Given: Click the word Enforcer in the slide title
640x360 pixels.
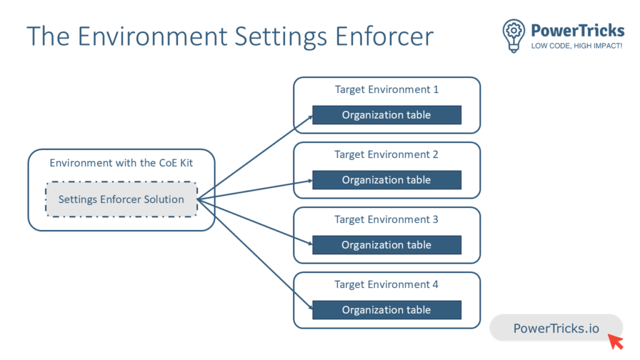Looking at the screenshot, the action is click(x=384, y=36).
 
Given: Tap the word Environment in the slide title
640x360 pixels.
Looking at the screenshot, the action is click(x=152, y=36).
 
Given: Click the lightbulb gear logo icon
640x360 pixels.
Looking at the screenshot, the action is click(x=514, y=36).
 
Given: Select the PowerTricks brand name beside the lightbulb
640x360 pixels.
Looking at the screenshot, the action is click(x=577, y=31).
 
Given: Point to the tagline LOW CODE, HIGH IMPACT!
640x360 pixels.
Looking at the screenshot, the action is click(x=577, y=46).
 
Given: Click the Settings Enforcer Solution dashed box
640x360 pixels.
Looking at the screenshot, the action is click(x=121, y=199).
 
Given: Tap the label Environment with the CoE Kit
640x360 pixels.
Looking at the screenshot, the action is click(x=121, y=163).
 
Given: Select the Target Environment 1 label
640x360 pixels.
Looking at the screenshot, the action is click(x=386, y=89).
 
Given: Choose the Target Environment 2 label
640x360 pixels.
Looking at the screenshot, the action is click(x=386, y=154).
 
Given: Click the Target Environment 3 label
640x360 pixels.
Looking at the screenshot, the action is click(x=386, y=219).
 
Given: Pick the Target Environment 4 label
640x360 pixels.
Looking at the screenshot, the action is click(x=386, y=284).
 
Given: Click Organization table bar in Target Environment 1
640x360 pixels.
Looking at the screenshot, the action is click(x=387, y=115).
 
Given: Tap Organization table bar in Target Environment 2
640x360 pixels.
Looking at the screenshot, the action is click(x=387, y=179).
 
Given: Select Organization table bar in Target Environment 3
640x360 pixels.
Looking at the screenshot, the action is click(x=387, y=245).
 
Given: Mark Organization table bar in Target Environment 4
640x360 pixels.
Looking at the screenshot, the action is click(x=387, y=310).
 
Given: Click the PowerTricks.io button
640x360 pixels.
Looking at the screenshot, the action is click(x=556, y=327).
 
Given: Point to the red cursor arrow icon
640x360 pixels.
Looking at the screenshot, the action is click(x=616, y=341).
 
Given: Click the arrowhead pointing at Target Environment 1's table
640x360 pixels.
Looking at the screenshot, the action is click(x=310, y=117).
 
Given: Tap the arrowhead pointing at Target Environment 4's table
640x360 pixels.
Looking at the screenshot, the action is click(x=310, y=307).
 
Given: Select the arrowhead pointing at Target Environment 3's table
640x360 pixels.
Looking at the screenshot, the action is click(x=310, y=243).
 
